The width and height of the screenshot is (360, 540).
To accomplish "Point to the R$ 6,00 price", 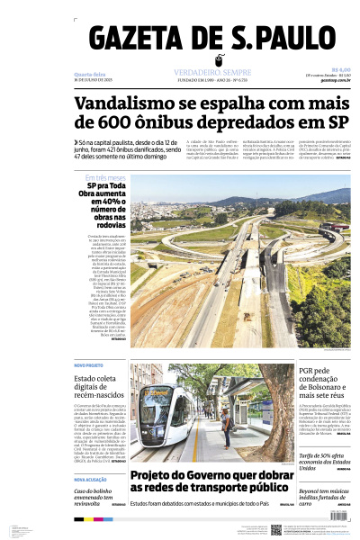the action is (x=340, y=69).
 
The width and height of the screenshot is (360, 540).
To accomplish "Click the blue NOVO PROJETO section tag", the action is (x=88, y=365).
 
